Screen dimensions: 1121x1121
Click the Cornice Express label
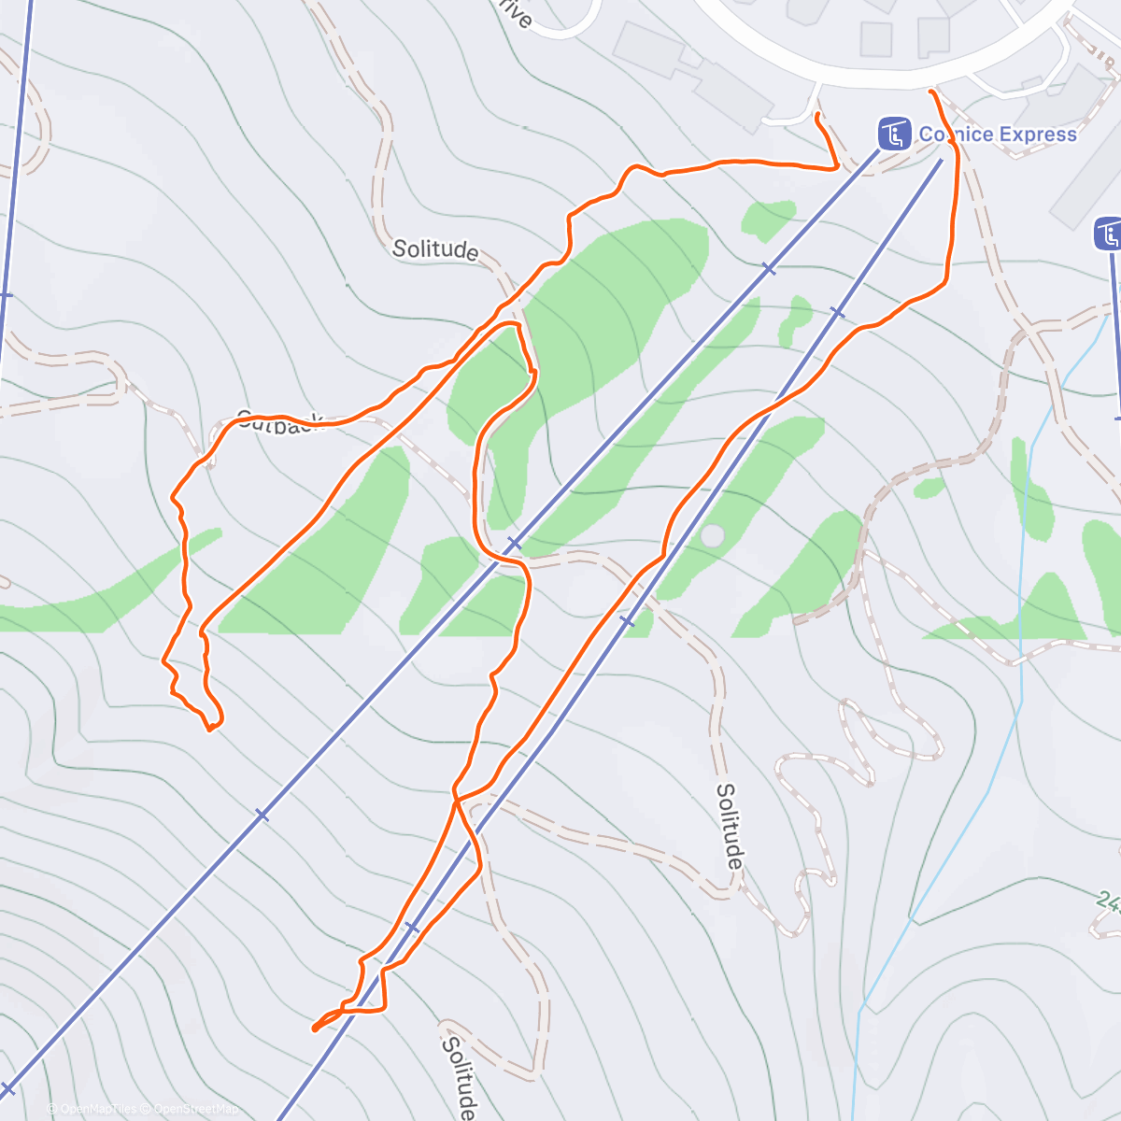998,135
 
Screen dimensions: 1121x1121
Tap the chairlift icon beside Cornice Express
894,134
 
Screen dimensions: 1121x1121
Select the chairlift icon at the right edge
1109,234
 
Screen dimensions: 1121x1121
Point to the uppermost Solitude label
435,249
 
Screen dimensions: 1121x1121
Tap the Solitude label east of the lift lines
730,825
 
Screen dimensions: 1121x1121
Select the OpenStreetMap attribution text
196,1109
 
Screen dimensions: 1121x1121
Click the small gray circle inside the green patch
712,536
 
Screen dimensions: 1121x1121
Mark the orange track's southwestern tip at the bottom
314,1029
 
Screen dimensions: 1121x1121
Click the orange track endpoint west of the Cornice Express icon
817,115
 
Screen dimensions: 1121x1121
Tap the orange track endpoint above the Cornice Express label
931,92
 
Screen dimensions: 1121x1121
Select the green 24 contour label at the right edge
1108,902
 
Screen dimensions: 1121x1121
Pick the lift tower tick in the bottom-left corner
8,1088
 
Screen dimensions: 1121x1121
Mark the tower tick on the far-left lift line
5,295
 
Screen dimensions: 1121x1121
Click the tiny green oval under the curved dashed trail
929,488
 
